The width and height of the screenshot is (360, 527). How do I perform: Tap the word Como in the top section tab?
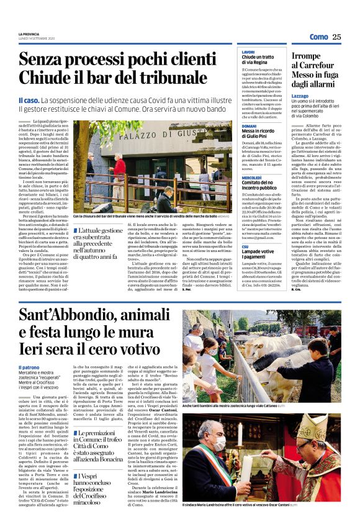click(x=318, y=37)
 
